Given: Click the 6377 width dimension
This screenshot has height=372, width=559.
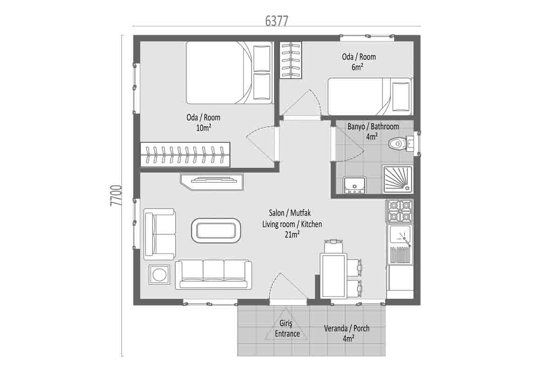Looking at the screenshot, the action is pyautogui.click(x=277, y=21).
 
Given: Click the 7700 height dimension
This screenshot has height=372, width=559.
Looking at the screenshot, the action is pyautogui.click(x=116, y=195).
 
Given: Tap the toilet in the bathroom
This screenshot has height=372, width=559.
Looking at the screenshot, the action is pyautogui.click(x=401, y=144).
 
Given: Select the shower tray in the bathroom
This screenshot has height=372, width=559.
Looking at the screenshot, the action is pyautogui.click(x=398, y=179).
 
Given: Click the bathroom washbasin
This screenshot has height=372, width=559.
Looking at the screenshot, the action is pyautogui.click(x=354, y=185).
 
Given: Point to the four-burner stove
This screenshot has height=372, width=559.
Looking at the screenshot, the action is pyautogui.click(x=400, y=211).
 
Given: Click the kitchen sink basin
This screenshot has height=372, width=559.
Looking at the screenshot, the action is pyautogui.click(x=400, y=234).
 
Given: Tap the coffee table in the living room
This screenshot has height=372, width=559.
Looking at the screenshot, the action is pyautogui.click(x=216, y=231).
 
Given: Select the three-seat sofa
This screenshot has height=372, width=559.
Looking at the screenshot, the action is pyautogui.click(x=213, y=274).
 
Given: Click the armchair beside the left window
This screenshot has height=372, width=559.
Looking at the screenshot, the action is pyautogui.click(x=159, y=234).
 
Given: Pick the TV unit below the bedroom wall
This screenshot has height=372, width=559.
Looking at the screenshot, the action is pyautogui.click(x=211, y=182).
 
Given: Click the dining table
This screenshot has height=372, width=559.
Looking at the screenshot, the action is pyautogui.click(x=334, y=275).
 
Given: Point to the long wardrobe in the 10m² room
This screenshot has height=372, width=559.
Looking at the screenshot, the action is pyautogui.click(x=185, y=154).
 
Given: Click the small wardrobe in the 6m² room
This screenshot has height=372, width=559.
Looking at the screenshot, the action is pyautogui.click(x=291, y=60).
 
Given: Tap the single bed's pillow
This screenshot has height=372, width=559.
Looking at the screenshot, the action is pyautogui.click(x=401, y=96).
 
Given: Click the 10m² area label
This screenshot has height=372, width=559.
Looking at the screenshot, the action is pyautogui.click(x=204, y=128).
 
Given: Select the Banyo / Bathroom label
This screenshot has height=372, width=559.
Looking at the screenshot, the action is pyautogui.click(x=373, y=126).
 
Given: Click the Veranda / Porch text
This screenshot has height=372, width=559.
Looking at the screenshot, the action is pyautogui.click(x=347, y=328).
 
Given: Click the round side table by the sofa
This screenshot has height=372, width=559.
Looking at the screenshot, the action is pyautogui.click(x=159, y=274).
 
